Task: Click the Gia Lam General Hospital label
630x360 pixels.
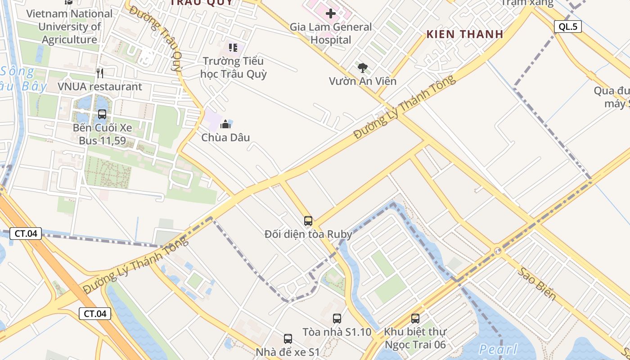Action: tap(330, 33)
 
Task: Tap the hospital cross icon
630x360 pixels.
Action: tap(331, 13)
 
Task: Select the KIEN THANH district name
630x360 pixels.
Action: tap(465, 34)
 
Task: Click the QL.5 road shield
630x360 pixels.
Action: tap(568, 27)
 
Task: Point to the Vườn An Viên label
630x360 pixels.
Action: tap(363, 81)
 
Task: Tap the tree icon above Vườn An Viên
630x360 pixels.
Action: tap(362, 68)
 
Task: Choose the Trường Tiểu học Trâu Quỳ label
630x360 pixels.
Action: tap(233, 67)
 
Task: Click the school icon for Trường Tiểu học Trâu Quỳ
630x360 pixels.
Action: tap(233, 47)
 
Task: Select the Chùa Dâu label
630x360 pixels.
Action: tap(225, 137)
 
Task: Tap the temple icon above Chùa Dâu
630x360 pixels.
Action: tap(225, 124)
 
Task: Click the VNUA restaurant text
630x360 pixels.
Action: tap(100, 86)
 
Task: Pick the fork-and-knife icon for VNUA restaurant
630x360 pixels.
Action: tap(100, 73)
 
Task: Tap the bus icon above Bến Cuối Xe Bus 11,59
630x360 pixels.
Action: tap(102, 114)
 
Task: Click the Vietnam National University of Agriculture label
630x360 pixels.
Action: tap(70, 27)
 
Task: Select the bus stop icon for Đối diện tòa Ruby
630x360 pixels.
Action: tap(308, 220)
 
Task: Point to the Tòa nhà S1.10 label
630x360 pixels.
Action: tap(337, 332)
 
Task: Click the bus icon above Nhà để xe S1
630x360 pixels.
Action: tap(288, 339)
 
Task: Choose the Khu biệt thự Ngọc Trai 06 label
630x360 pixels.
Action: tap(415, 338)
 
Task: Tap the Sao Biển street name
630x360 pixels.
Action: tap(536, 284)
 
